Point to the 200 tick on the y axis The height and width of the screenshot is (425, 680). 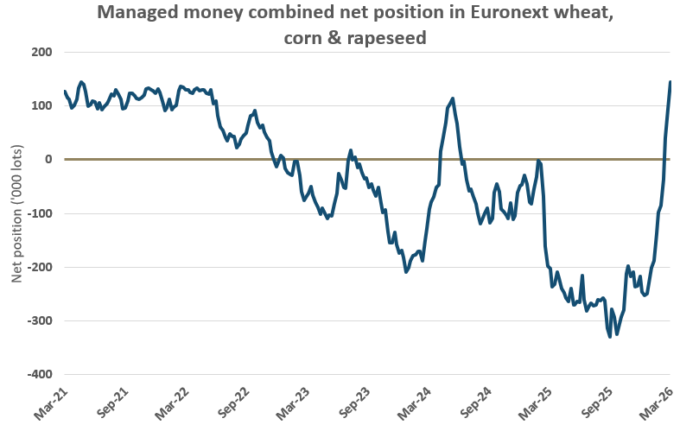pyautogui.click(x=41, y=52)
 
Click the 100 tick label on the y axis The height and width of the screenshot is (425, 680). pyautogui.click(x=41, y=105)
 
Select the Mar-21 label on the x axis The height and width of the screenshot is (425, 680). pyautogui.click(x=52, y=401)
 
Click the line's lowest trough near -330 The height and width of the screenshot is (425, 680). pyautogui.click(x=610, y=336)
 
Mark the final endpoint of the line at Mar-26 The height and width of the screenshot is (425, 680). pyautogui.click(x=670, y=82)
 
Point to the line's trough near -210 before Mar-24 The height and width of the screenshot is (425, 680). pyautogui.click(x=406, y=272)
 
